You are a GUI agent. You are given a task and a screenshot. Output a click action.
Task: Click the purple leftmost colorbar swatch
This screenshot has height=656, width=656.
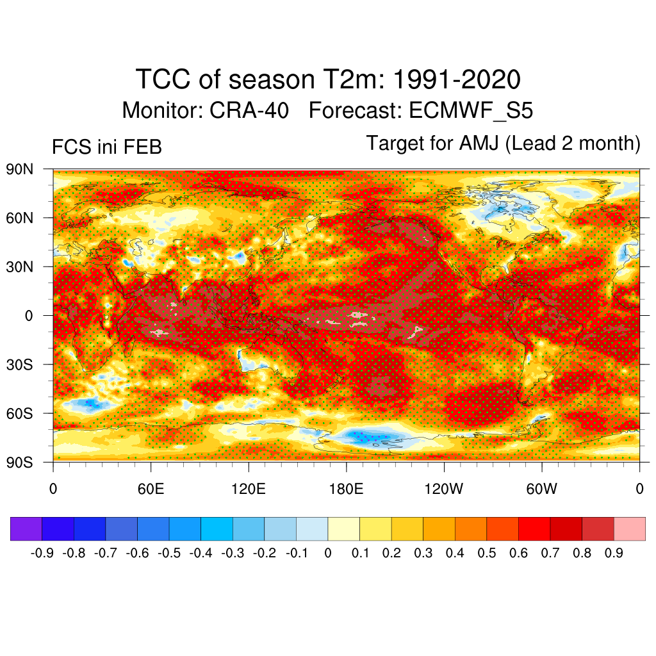point(26,529)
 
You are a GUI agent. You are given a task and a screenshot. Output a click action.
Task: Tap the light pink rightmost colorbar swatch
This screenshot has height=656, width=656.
point(629,529)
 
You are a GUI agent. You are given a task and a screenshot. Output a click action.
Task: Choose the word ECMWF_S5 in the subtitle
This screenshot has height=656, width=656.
point(470,111)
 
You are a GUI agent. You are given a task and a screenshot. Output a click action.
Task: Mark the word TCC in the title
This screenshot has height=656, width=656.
point(163,81)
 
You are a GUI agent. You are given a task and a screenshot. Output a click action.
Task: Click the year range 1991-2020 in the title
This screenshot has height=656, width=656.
point(455,81)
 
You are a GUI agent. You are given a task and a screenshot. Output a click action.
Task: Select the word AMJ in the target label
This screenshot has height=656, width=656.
point(480,143)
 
